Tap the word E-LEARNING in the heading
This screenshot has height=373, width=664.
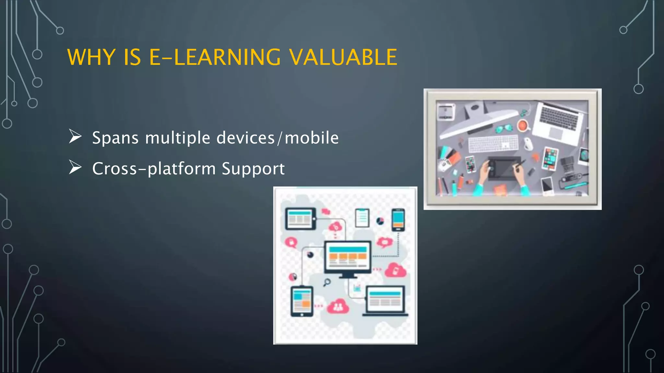coord(215,57)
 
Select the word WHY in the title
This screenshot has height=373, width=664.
coord(91,57)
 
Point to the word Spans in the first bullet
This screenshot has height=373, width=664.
coord(115,138)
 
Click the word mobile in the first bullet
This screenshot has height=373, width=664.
coord(312,138)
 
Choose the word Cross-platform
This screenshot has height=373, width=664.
coord(154,169)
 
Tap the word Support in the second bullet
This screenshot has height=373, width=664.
coord(253,169)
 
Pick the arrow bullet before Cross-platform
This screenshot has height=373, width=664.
coord(75,167)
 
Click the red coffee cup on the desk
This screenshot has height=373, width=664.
coord(522,125)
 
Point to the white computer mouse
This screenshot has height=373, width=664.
coord(528,143)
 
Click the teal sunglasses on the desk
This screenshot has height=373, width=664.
coord(504,129)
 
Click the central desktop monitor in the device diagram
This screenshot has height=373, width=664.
coord(348,258)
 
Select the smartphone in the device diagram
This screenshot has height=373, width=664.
coord(398,220)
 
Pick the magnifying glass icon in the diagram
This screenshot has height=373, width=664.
coord(327,282)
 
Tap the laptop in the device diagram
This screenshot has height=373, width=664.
coord(385,300)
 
